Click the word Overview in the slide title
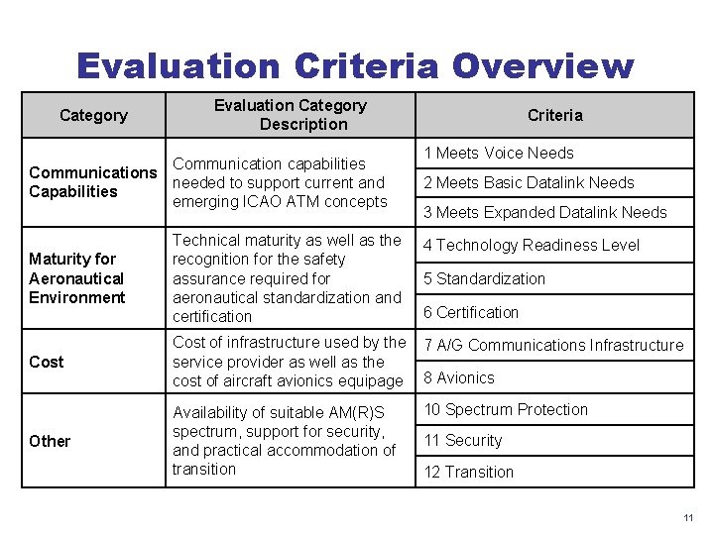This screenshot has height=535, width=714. tap(541, 66)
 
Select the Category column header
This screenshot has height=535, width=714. tap(93, 115)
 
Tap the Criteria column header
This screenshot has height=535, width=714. tap(555, 115)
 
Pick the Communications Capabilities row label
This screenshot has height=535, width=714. tap(92, 182)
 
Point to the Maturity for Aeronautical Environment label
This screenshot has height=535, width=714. tap(77, 278)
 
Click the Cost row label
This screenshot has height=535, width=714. tap(47, 362)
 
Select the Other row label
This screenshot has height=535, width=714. tap(50, 441)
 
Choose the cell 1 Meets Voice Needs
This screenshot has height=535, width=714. tap(499, 153)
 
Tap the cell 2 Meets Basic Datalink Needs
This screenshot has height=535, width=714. tap(529, 182)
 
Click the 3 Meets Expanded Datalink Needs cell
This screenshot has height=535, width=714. tap(545, 212)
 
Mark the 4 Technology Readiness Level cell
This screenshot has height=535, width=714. tap(532, 245)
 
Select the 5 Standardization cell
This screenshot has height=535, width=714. tap(484, 278)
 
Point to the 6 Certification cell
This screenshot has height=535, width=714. tap(471, 312)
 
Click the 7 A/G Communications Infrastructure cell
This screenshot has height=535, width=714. tap(553, 345)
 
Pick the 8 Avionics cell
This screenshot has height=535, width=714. tap(459, 377)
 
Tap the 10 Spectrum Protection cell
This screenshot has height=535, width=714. tap(506, 409)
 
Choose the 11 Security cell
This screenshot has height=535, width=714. tap(463, 440)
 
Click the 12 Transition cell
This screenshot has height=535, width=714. tap(469, 472)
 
